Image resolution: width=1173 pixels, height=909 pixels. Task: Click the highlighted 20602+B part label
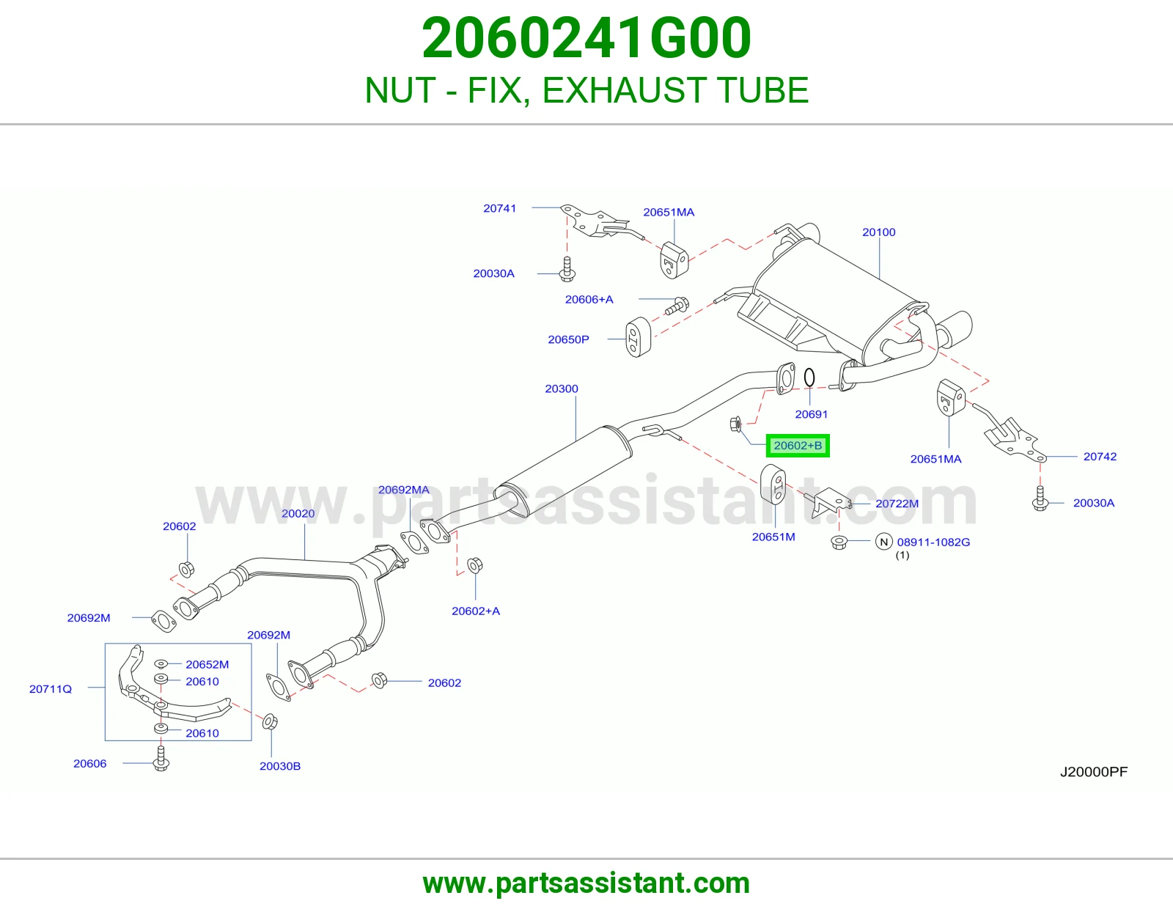pyautogui.click(x=798, y=445)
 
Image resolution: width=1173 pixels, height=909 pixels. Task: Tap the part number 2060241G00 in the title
pyautogui.click(x=586, y=37)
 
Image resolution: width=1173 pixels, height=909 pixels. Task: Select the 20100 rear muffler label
pyautogui.click(x=878, y=232)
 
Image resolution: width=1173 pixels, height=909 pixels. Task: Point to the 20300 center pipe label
pyautogui.click(x=562, y=389)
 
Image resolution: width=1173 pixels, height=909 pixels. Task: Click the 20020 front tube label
pyautogui.click(x=298, y=513)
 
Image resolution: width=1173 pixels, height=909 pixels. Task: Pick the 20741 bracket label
pyautogui.click(x=499, y=208)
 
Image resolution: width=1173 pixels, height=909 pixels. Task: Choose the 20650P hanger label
pyautogui.click(x=568, y=339)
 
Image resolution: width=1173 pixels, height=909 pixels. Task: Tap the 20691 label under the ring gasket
pyautogui.click(x=811, y=414)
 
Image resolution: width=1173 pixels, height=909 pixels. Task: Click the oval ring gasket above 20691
pyautogui.click(x=809, y=378)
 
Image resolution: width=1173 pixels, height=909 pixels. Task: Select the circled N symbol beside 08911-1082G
pyautogui.click(x=883, y=542)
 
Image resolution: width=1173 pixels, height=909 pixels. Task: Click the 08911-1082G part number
pyautogui.click(x=933, y=542)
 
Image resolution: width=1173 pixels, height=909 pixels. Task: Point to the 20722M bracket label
pyautogui.click(x=897, y=504)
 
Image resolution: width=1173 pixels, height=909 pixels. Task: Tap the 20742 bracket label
pyautogui.click(x=1100, y=457)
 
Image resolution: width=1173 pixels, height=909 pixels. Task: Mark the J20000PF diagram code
pyautogui.click(x=1094, y=771)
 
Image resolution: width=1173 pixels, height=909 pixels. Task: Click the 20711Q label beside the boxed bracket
pyautogui.click(x=50, y=689)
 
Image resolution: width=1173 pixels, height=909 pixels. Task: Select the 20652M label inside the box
pyautogui.click(x=207, y=664)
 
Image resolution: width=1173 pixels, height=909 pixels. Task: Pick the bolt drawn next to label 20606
pyautogui.click(x=161, y=759)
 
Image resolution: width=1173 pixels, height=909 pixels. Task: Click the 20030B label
pyautogui.click(x=279, y=766)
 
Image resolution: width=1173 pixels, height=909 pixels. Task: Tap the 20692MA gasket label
pyautogui.click(x=404, y=490)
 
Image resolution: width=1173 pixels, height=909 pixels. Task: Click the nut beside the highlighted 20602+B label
pyautogui.click(x=735, y=424)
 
